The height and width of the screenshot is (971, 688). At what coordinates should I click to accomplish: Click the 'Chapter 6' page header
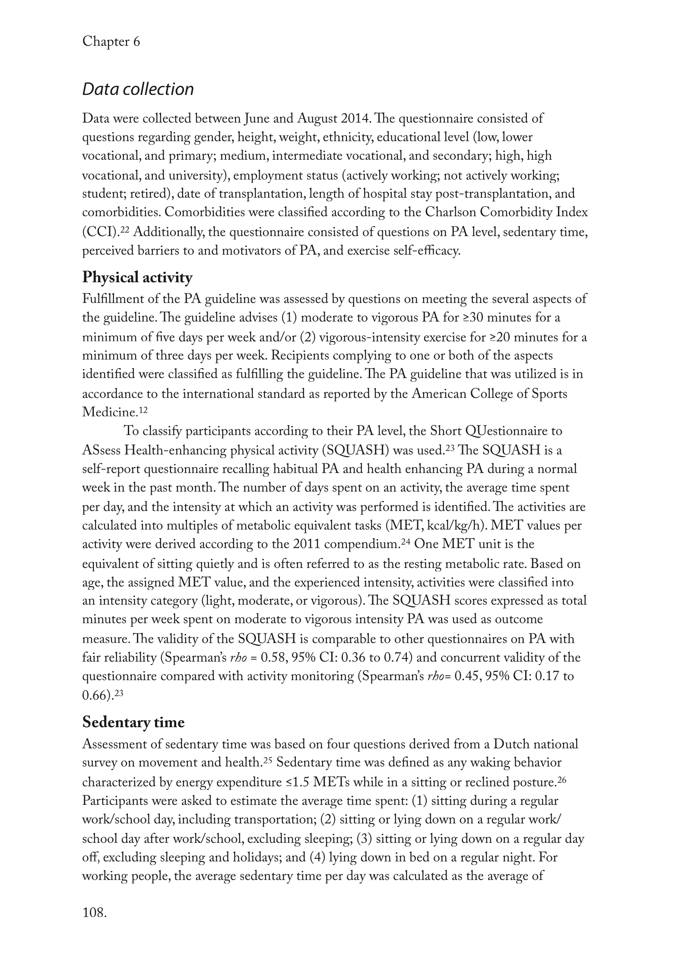(x=111, y=41)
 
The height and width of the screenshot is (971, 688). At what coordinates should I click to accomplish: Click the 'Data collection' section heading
(x=138, y=89)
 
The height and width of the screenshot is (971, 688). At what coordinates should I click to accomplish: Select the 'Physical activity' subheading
(x=137, y=277)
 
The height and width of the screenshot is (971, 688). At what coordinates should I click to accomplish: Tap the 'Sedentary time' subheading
(x=133, y=722)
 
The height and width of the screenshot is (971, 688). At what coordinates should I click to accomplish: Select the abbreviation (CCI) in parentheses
(x=100, y=233)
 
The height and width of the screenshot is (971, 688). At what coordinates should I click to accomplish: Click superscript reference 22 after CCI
(x=124, y=230)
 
